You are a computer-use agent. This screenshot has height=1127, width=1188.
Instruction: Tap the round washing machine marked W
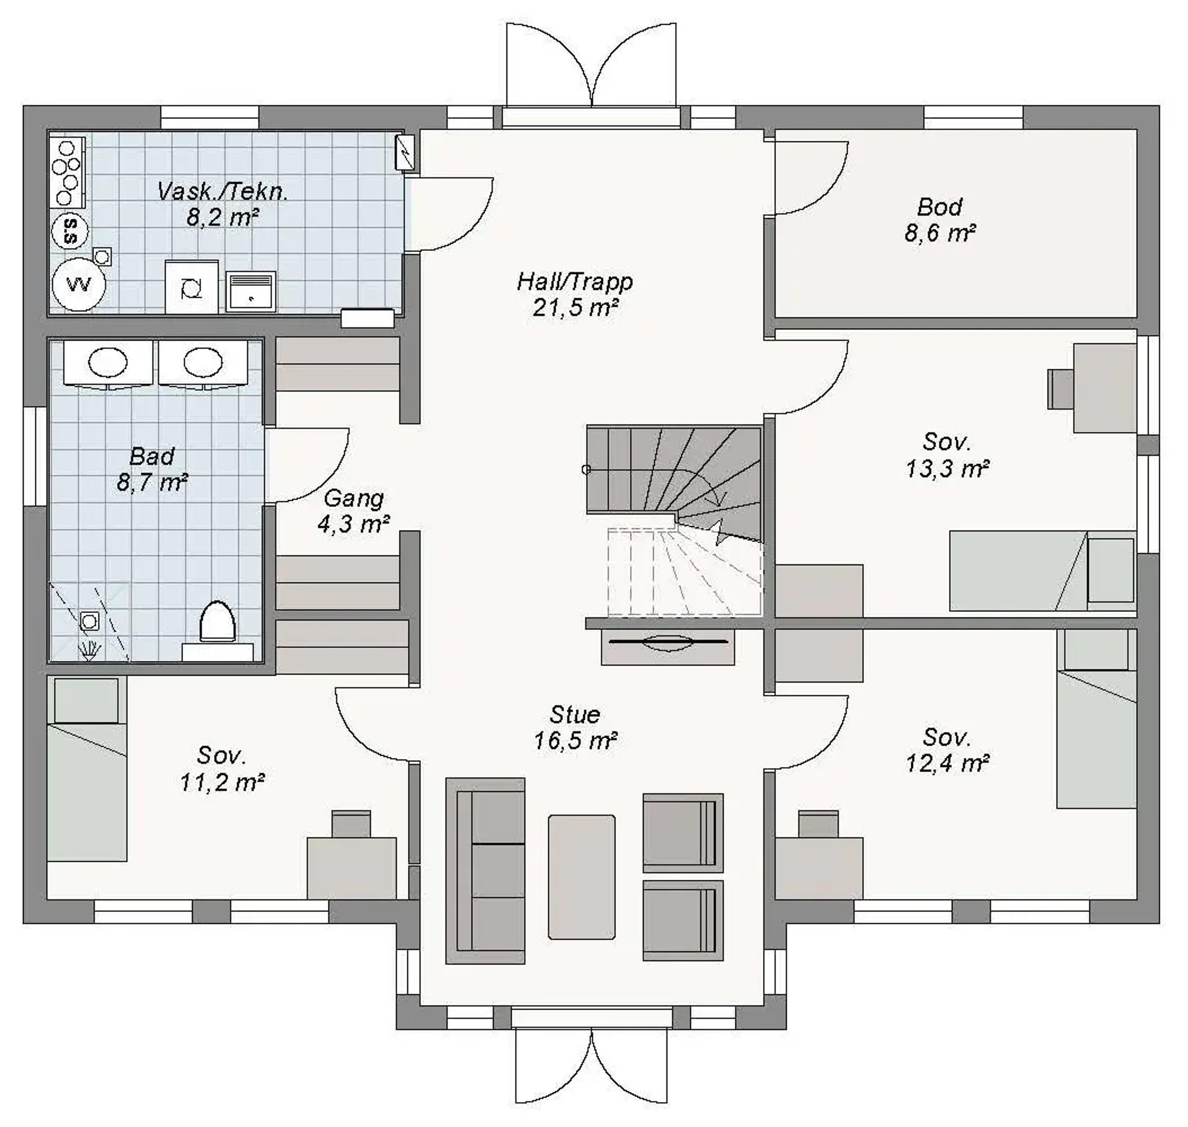coord(79,284)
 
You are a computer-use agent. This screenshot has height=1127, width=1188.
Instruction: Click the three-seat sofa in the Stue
coord(485,871)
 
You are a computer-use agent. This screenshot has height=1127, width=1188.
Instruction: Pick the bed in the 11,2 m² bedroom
coord(87,769)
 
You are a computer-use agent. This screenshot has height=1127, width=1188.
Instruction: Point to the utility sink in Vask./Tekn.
coord(251,291)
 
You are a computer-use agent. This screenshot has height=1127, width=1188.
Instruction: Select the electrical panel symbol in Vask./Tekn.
coord(407,153)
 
